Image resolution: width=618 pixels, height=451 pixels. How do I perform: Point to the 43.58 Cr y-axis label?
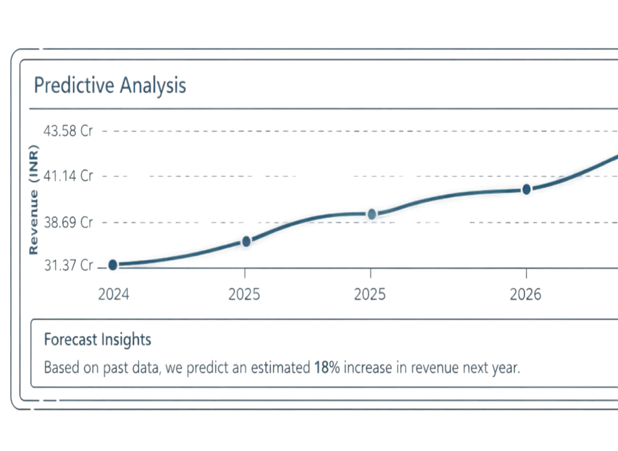[x=68, y=130]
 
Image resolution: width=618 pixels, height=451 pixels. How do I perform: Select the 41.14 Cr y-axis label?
[x=68, y=176]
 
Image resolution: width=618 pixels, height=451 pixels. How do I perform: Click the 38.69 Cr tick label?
[x=68, y=222]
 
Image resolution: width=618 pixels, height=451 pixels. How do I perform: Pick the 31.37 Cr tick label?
[x=68, y=266]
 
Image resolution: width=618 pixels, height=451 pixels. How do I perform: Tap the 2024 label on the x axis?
[x=114, y=295]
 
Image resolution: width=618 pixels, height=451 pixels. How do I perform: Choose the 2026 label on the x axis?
[x=525, y=295]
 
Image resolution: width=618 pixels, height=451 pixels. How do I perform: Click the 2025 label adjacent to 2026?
[x=370, y=295]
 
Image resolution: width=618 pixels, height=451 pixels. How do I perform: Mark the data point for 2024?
[x=112, y=264]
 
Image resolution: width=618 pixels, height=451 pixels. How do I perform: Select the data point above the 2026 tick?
[x=526, y=189]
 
